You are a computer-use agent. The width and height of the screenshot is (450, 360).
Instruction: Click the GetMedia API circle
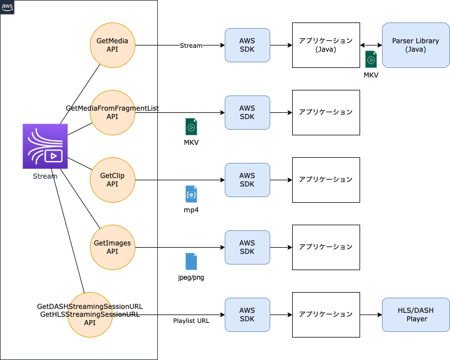112,45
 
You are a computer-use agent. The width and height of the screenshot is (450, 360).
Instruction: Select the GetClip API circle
112,180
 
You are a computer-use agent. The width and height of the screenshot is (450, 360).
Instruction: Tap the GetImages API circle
112,247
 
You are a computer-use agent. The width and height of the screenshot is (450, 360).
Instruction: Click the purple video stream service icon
45,146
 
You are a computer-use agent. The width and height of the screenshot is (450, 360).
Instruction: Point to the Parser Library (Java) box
416,45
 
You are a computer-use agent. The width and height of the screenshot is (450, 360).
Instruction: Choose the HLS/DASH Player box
416,315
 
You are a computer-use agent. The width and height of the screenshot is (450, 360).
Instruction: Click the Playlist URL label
191,321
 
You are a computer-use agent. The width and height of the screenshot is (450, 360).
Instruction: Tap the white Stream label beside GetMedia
191,45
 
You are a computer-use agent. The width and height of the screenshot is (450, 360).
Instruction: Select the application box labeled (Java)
326,45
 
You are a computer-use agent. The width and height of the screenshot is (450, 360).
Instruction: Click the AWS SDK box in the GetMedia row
247,45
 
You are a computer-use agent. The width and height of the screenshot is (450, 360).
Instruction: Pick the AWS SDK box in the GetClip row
247,180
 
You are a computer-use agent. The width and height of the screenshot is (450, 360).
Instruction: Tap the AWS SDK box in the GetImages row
247,247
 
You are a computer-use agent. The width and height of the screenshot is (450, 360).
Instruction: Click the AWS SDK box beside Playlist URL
247,315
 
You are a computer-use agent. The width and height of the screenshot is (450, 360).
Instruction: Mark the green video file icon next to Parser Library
371,59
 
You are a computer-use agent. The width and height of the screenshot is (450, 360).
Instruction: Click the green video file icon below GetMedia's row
191,126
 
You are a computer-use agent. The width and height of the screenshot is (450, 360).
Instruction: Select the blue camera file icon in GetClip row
191,194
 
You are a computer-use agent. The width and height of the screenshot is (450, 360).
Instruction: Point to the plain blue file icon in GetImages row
191,261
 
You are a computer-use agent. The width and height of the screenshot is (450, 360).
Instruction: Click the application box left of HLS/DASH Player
326,315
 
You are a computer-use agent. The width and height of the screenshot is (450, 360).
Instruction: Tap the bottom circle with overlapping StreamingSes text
90,315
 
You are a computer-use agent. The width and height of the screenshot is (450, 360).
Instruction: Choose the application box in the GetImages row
326,247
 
